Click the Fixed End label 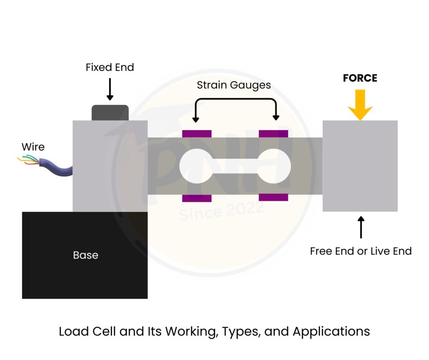pos(110,67)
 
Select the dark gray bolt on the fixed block pos(110,113)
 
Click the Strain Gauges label pos(234,85)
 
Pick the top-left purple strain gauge pos(197,134)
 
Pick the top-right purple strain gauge pos(274,134)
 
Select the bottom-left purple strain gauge pos(197,198)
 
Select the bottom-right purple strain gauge pos(274,197)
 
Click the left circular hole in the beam pos(195,166)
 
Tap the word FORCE pos(360,78)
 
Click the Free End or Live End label pos(361,251)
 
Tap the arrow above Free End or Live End pos(361,227)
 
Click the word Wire pos(33,147)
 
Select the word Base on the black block pos(85,255)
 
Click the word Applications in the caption pos(331,332)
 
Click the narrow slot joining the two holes pos(235,166)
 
